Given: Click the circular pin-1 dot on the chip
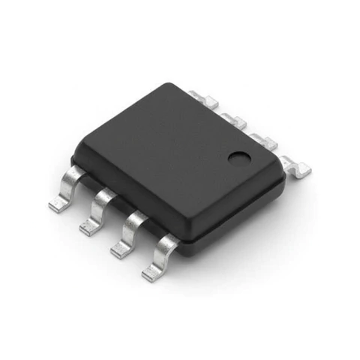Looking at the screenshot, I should (239, 158).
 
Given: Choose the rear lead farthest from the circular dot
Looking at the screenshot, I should (201, 97).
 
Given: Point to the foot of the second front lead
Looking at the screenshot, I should (89, 228).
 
